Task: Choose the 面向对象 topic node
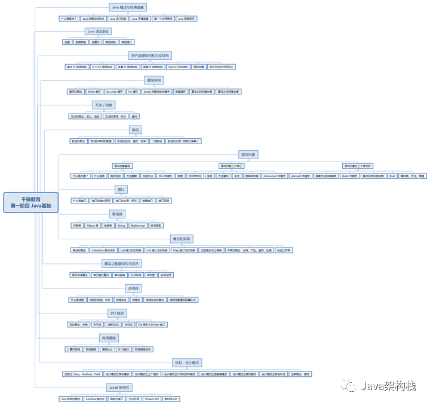[x=247, y=154]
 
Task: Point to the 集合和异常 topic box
[x=182, y=237]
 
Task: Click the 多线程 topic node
[x=133, y=288]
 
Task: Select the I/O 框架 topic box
[x=116, y=313]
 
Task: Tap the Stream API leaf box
[x=152, y=398]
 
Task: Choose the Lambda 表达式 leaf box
[x=94, y=398]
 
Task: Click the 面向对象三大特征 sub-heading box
[x=231, y=166]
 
